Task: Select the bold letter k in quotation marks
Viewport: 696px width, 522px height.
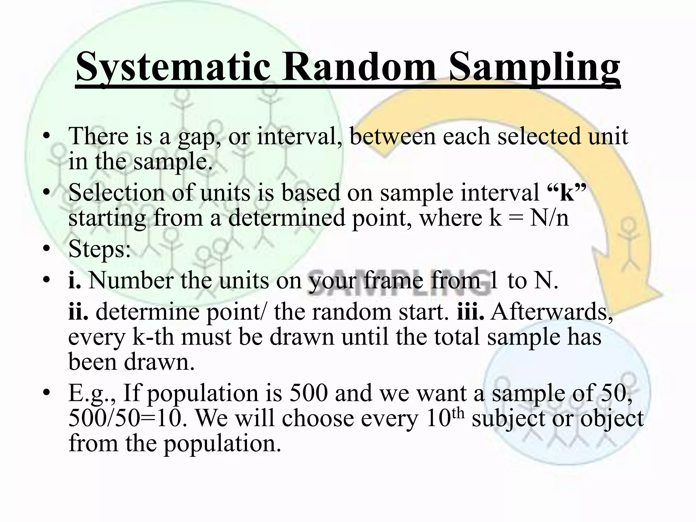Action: (567, 193)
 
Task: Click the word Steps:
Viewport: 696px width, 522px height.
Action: (100, 249)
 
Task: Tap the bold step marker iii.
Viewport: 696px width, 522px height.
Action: (470, 312)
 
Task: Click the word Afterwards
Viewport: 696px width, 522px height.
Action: (551, 312)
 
